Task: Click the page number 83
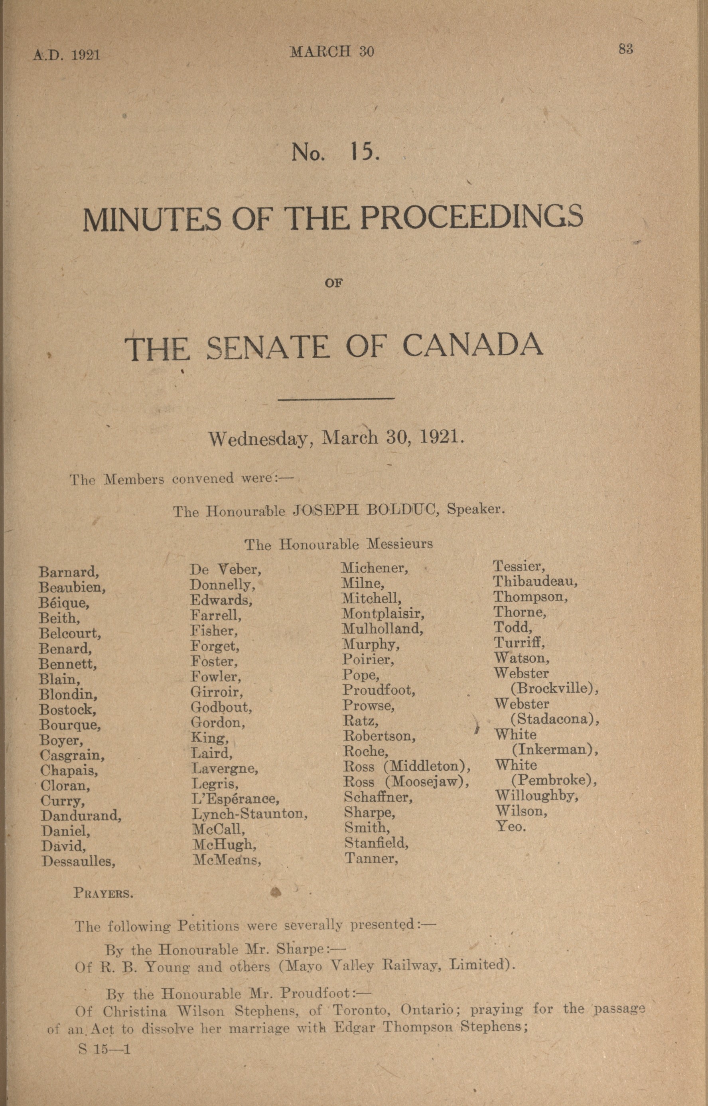click(626, 49)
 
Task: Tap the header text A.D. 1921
click(67, 55)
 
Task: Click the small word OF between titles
click(334, 284)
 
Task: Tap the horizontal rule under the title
click(337, 398)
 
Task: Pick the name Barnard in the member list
click(69, 572)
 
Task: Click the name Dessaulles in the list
click(78, 861)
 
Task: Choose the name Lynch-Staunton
click(250, 814)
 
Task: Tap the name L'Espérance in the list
click(235, 798)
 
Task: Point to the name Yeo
click(510, 826)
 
